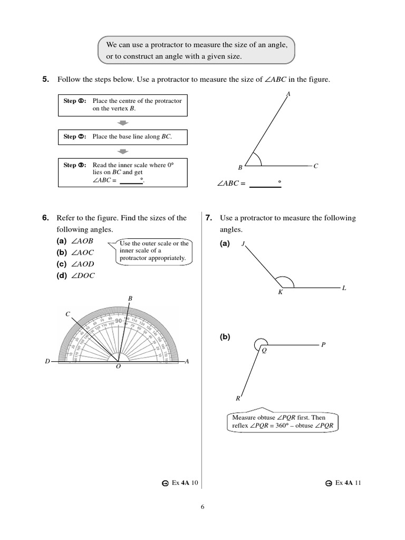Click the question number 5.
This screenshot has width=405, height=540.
45,80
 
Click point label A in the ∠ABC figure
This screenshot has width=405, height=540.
288,94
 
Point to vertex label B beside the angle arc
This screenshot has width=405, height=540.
240,167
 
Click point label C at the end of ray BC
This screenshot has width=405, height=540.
316,166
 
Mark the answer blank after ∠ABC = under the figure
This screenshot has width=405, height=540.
265,184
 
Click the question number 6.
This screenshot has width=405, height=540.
45,218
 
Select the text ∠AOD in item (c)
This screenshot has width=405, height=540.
83,264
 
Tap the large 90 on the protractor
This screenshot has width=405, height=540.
118,321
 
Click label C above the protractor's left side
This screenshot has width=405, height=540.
67,314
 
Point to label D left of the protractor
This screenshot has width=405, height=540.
47,362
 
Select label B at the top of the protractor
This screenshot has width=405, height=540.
130,299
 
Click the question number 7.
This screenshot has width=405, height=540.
209,218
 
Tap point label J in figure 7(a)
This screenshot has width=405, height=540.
243,244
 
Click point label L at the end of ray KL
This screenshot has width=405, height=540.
344,288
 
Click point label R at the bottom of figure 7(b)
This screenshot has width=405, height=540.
238,399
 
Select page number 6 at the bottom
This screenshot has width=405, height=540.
202,507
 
